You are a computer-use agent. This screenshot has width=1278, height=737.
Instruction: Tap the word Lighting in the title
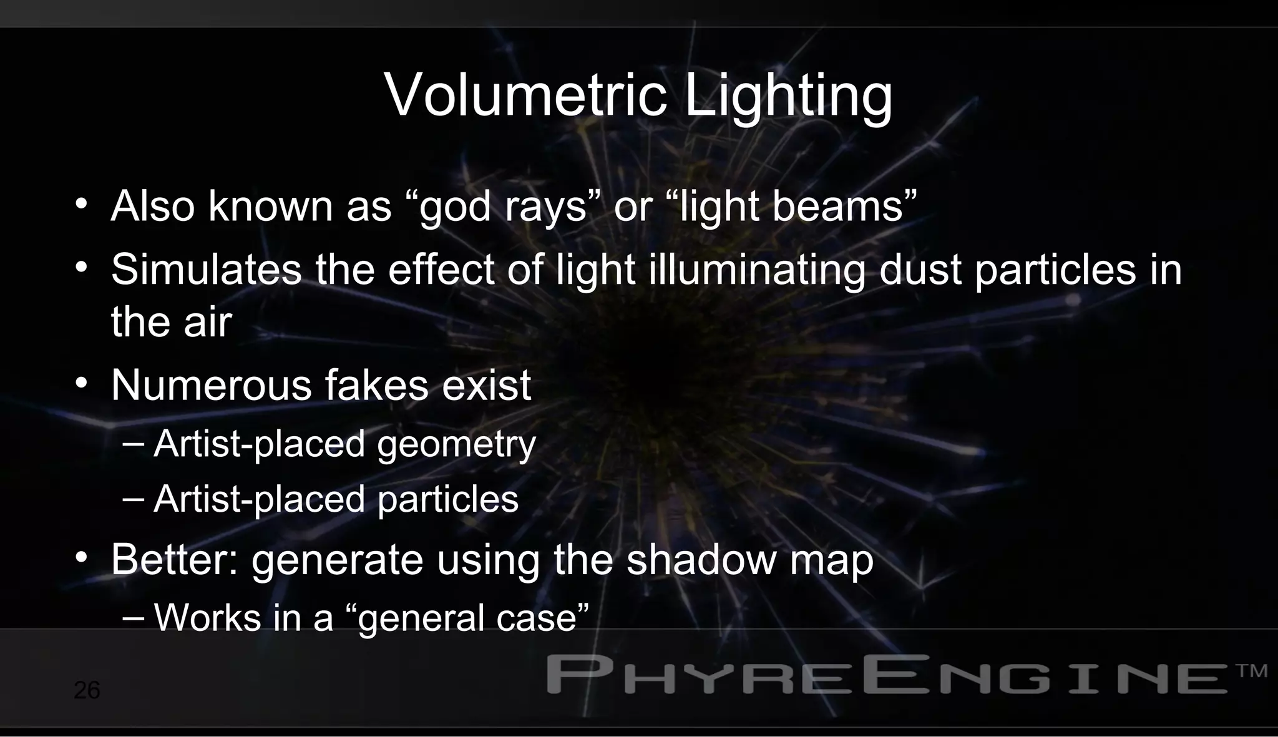(789, 97)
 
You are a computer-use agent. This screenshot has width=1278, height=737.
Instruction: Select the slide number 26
(87, 690)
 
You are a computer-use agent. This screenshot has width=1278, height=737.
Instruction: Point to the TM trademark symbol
(1251, 671)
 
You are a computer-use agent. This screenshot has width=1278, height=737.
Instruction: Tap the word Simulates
(206, 270)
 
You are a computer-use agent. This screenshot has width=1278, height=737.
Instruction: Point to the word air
(207, 323)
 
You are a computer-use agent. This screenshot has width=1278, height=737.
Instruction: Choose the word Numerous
(211, 385)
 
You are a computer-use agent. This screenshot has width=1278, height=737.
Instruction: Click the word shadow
(701, 560)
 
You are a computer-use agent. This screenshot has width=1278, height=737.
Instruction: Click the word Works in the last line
(207, 618)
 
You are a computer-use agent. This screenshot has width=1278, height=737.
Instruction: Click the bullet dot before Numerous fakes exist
(80, 383)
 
